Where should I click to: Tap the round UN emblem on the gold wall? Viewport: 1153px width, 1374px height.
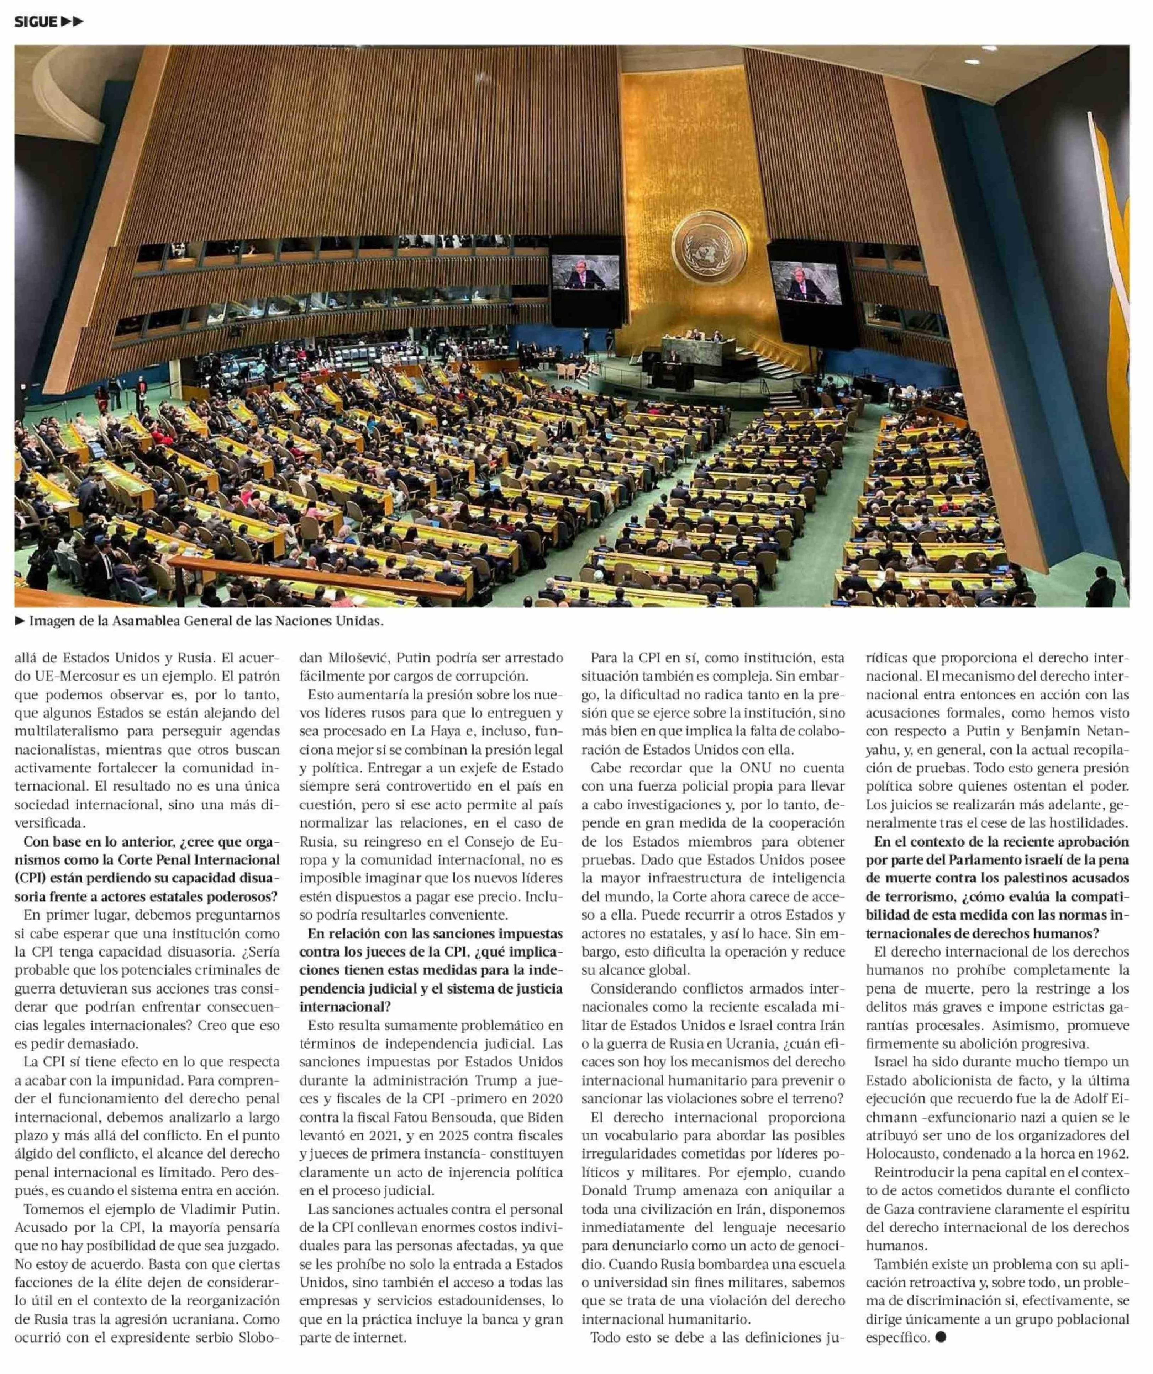(709, 248)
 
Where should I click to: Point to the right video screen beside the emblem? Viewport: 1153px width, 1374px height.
(805, 281)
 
